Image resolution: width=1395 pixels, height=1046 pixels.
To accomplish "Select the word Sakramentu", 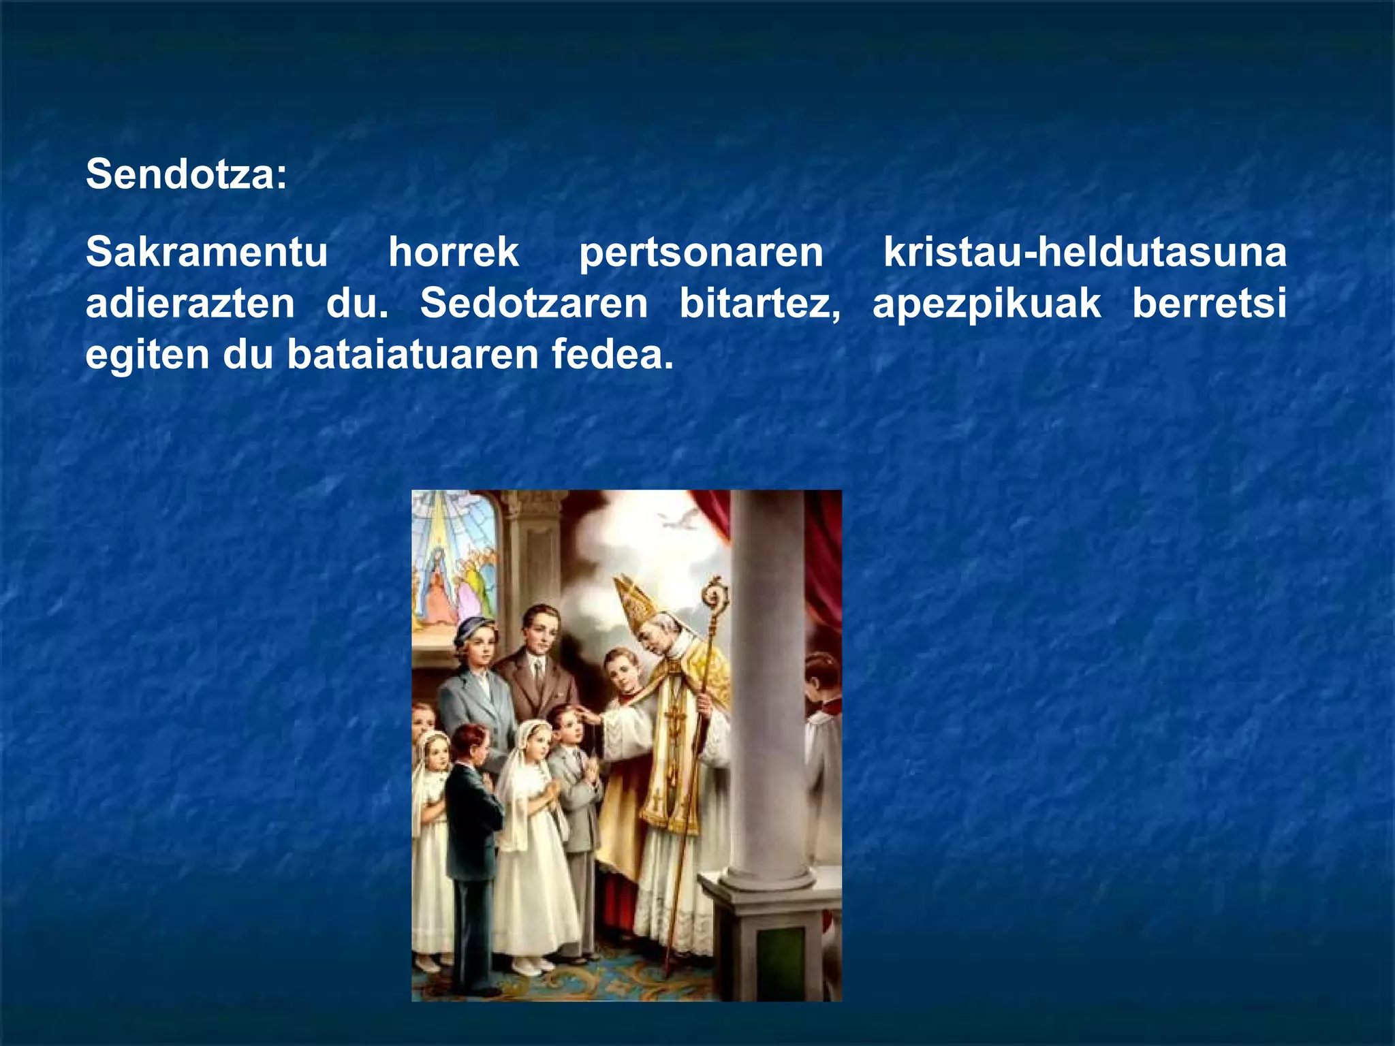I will (206, 253).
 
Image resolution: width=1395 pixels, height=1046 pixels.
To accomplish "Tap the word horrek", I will (453, 253).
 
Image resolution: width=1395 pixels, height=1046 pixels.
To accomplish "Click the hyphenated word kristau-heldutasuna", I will (1084, 253).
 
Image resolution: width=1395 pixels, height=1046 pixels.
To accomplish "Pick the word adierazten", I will (190, 304).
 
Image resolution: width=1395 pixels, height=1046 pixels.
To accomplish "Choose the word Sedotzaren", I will (533, 304).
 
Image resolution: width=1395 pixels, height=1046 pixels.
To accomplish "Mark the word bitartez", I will (759, 304).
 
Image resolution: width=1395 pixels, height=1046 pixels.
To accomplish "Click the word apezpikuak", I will (986, 305).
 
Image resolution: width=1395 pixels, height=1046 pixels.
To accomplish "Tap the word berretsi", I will (1209, 304).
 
